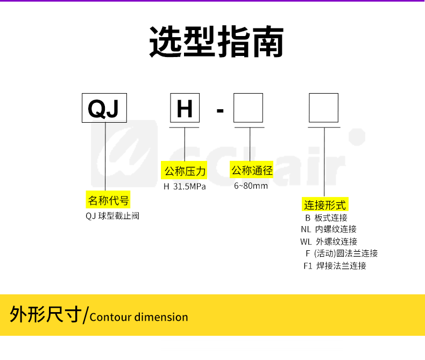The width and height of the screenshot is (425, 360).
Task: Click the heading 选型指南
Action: coord(216,41)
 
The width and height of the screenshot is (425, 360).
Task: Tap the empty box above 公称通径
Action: coord(248,108)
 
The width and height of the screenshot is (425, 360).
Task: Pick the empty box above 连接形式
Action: coord(323,108)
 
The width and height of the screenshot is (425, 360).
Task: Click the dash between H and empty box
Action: coord(219,111)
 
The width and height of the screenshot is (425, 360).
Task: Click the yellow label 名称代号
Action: coord(108,201)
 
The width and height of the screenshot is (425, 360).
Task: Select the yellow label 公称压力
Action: coord(185,172)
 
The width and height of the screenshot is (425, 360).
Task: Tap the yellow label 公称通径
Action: coord(252,171)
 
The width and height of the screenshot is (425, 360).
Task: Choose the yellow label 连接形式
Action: coord(325,204)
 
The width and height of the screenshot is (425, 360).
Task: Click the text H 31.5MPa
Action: coord(185,187)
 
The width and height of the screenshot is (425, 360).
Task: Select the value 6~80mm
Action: coord(251,186)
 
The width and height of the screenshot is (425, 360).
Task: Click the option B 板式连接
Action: coord(326,218)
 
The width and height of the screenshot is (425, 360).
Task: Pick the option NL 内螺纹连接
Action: coord(328,229)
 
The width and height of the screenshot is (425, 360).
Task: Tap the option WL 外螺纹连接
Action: coord(328,242)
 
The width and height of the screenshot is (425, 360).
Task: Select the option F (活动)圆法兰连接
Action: coord(342,253)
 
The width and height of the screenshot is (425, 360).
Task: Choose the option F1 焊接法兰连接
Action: coord(335,265)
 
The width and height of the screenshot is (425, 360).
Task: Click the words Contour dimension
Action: coord(139,317)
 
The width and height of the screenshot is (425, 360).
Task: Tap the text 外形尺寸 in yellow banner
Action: coord(46,314)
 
